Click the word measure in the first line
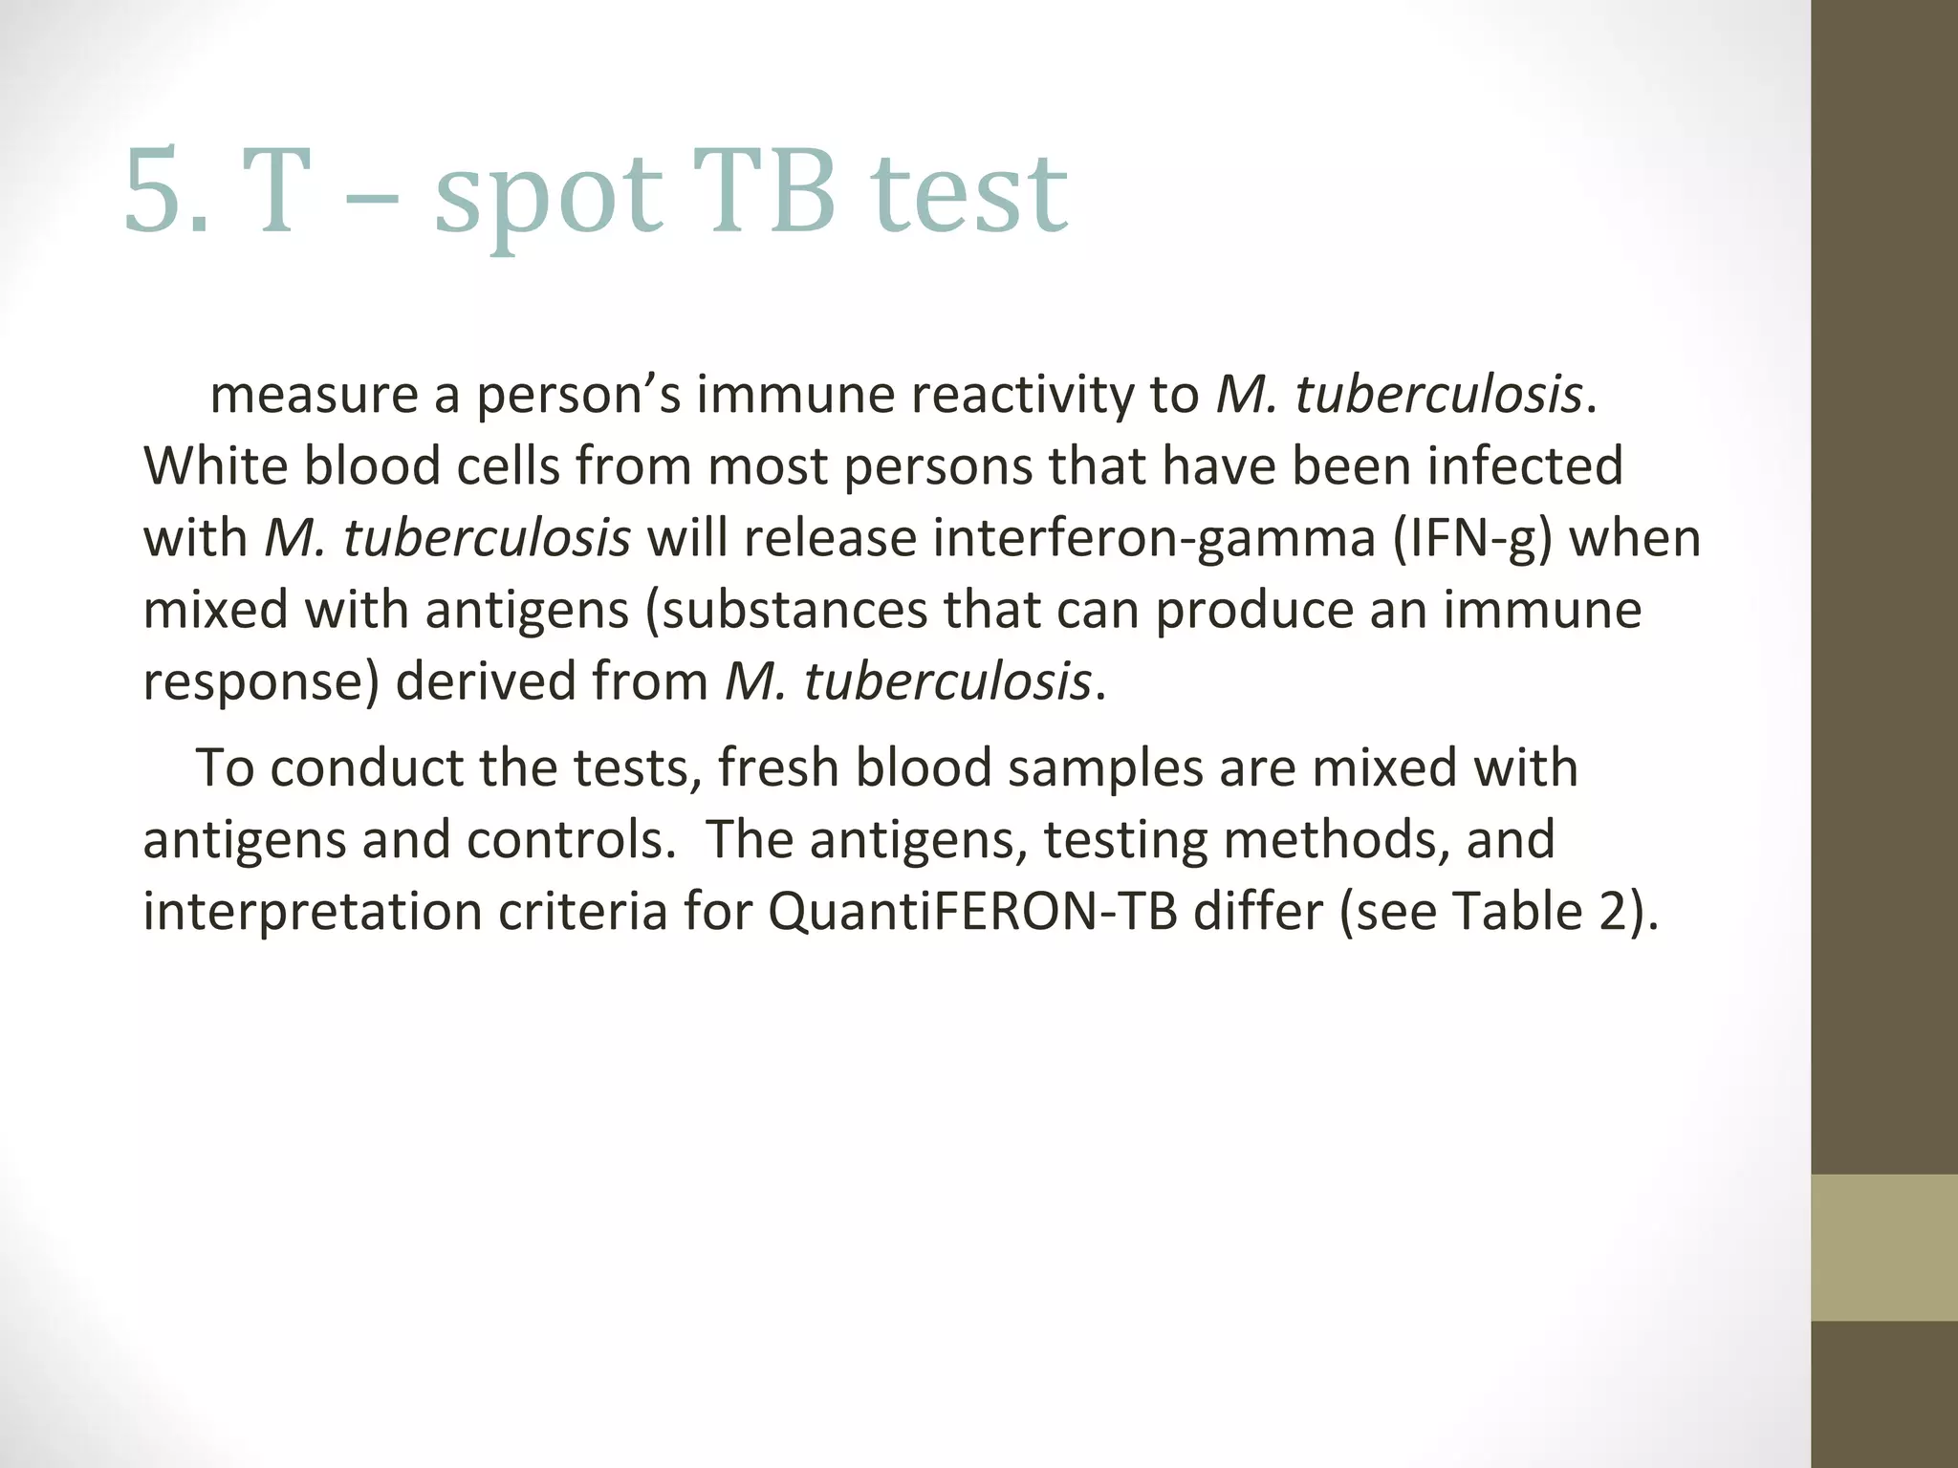pyautogui.click(x=314, y=395)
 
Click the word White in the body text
pyautogui.click(x=215, y=466)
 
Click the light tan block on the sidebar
pyautogui.click(x=1883, y=1247)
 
